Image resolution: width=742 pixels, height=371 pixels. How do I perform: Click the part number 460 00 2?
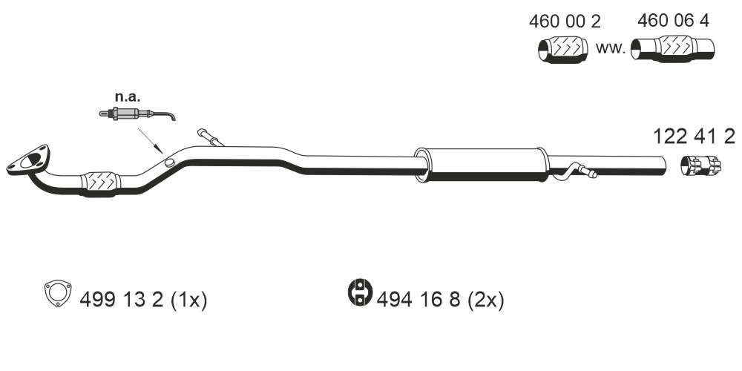point(564,21)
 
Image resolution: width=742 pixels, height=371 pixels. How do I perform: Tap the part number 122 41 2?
point(695,137)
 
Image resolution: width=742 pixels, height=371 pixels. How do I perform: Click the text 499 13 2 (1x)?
point(143,300)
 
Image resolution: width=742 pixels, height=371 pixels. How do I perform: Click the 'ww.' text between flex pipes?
point(611,47)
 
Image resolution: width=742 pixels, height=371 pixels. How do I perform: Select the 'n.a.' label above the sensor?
point(128,97)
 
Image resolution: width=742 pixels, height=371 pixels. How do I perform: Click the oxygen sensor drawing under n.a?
point(137,114)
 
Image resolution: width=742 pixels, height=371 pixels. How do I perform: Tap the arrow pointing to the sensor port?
point(150,140)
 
